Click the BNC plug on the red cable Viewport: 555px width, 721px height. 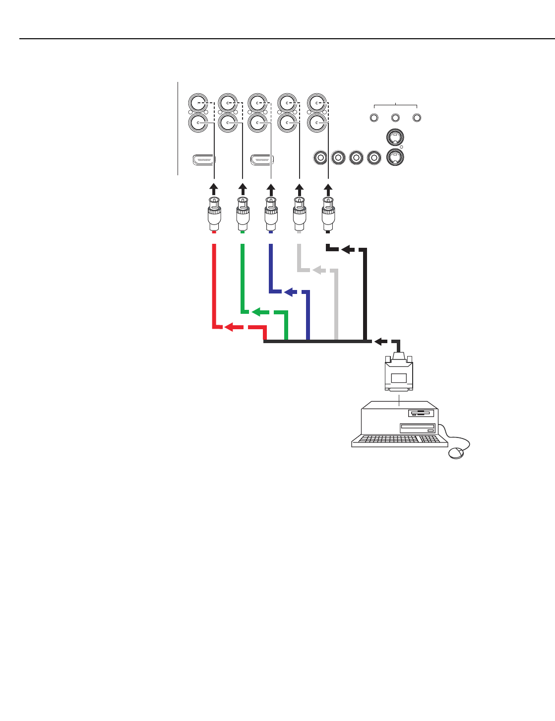pos(214,214)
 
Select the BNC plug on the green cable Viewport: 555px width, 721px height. pos(243,214)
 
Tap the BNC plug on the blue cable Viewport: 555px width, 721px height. pos(271,214)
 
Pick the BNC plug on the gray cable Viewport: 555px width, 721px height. pos(299,214)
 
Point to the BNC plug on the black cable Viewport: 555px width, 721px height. pos(328,214)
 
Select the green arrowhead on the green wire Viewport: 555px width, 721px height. pos(256,312)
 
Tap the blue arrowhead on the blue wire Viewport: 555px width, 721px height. pos(289,292)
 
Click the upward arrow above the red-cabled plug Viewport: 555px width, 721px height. pos(214,189)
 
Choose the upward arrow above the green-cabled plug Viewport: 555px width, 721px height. pos(243,189)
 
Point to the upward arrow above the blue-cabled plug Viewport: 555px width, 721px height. pos(271,189)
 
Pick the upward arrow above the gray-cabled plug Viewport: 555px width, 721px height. pos(299,189)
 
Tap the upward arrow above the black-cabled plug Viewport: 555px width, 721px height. pos(328,189)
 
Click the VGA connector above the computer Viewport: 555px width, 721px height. pos(399,372)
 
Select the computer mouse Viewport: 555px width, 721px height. pos(456,453)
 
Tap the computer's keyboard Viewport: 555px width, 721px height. pos(397,439)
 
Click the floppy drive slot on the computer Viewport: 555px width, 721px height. pos(421,413)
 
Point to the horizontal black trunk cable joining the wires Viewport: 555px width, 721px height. pos(317,341)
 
